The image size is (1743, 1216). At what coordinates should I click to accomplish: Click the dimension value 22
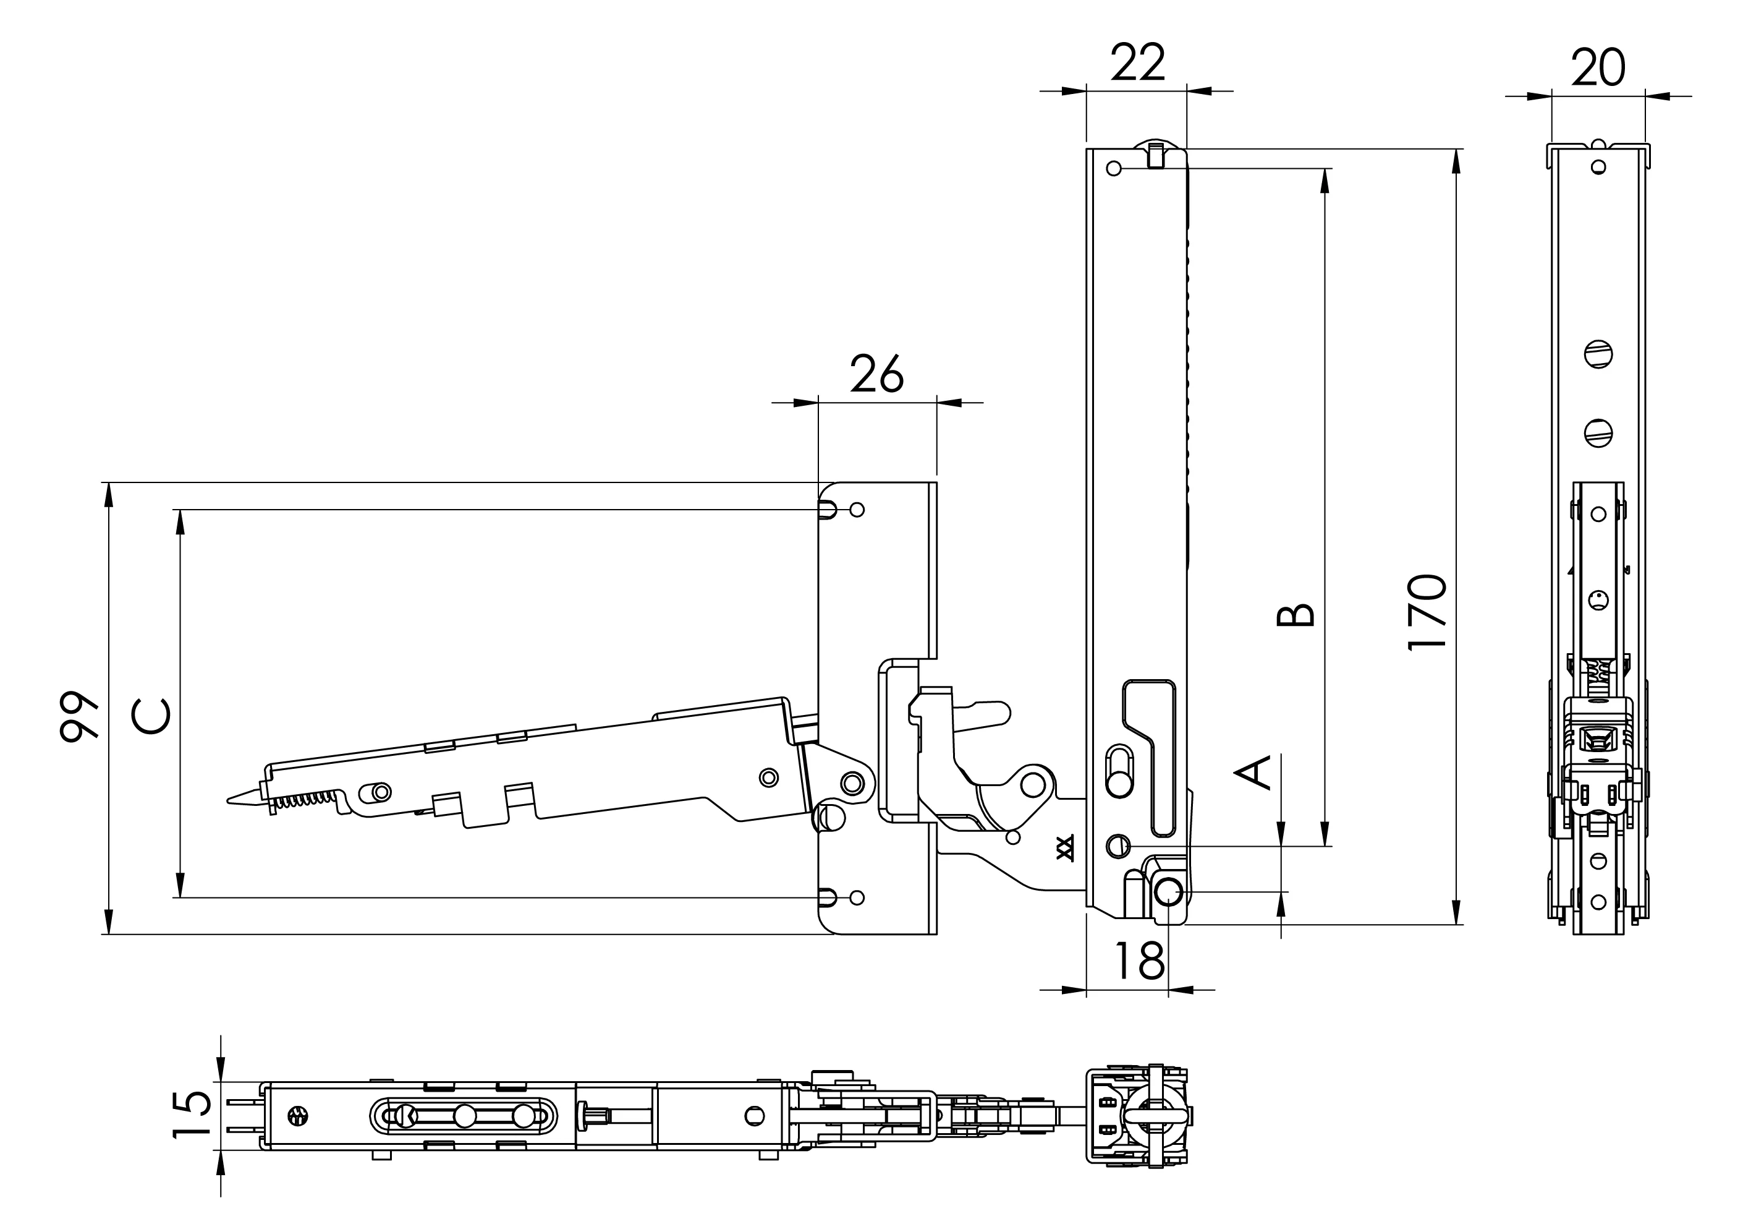click(x=1138, y=62)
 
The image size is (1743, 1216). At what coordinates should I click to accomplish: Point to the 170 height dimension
click(x=1428, y=612)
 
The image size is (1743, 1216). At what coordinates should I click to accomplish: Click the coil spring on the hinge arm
click(x=303, y=800)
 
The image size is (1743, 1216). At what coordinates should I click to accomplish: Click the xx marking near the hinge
click(x=1066, y=847)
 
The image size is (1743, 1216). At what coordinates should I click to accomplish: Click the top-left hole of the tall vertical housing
click(x=1114, y=168)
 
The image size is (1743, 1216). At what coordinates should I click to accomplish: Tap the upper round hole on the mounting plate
click(x=857, y=510)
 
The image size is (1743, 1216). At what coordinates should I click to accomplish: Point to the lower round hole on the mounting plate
click(x=857, y=897)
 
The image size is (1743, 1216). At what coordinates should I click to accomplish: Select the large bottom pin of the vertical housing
click(x=1170, y=892)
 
